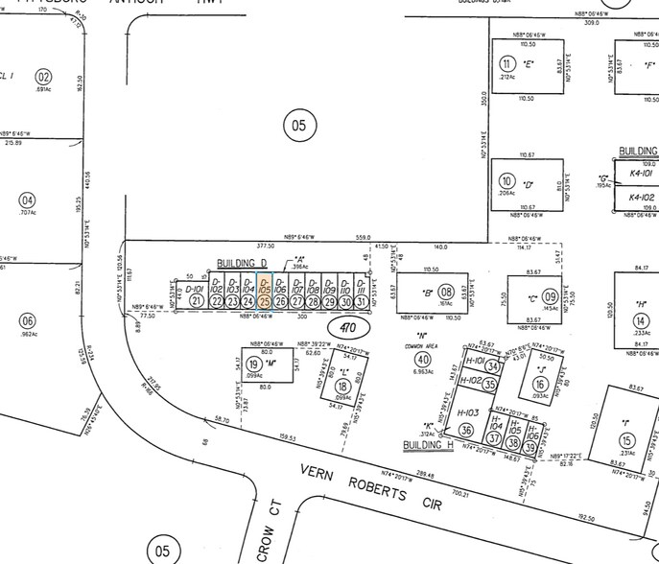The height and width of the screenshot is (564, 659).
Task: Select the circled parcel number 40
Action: tap(423, 359)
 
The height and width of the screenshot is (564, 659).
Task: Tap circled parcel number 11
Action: tap(506, 64)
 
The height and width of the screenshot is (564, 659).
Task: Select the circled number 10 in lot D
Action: tap(506, 180)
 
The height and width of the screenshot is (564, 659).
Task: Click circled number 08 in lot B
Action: tap(446, 292)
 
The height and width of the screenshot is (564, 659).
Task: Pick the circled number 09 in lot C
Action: tap(551, 297)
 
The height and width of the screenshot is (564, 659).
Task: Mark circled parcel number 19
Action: tap(254, 364)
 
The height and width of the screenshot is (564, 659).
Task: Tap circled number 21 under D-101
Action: tap(197, 301)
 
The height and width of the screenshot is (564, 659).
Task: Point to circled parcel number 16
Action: tap(540, 385)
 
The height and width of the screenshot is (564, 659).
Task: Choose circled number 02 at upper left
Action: tap(43, 77)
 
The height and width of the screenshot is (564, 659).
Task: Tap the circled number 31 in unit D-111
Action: tap(360, 301)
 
